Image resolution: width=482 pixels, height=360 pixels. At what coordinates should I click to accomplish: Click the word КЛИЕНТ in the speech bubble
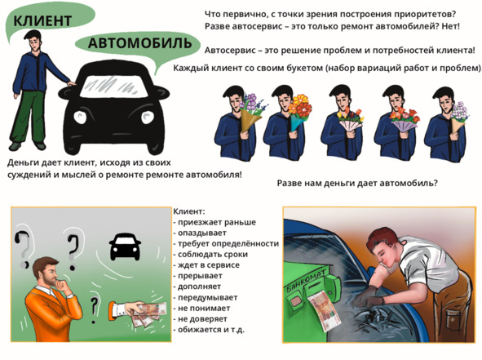tap(42, 21)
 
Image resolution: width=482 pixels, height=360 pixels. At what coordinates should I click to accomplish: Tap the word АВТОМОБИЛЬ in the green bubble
tap(139, 43)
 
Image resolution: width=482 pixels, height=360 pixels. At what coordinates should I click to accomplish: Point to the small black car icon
tap(125, 247)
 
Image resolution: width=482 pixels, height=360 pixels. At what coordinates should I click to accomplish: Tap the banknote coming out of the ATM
tap(325, 311)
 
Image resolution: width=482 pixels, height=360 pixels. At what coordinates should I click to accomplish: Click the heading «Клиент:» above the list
tap(188, 211)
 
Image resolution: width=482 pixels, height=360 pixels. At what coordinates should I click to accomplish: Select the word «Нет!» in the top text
tap(451, 26)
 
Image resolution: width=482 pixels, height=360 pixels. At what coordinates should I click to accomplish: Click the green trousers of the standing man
tap(29, 117)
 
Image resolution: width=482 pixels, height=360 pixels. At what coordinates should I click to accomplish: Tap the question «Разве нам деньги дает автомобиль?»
tap(357, 183)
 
